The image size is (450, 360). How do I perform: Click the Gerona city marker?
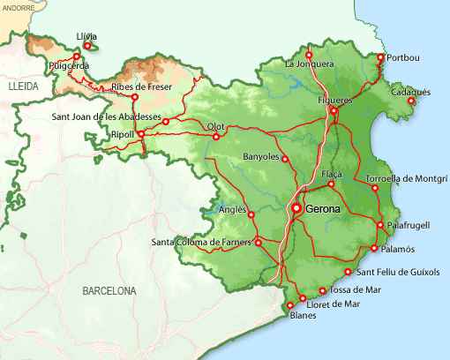tap(297, 208)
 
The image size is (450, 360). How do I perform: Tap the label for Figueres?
tap(335, 100)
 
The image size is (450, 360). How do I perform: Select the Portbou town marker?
tap(381, 57)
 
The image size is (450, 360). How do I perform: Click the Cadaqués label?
tap(410, 92)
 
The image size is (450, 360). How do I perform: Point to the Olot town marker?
tap(216, 137)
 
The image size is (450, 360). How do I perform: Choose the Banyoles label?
tap(260, 157)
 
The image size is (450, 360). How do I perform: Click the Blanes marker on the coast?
tap(290, 305)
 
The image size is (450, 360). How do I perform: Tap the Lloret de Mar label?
tap(334, 304)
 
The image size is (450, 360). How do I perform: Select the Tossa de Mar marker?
tap(322, 290)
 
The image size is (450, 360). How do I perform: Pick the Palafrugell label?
tap(409, 225)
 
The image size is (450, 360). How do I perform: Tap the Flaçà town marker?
tap(331, 184)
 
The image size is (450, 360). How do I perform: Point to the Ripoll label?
tap(122, 134)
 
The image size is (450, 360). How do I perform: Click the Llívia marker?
tap(86, 46)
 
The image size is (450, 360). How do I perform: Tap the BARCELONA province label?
tap(109, 290)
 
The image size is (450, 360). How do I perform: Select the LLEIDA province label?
tap(24, 89)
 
